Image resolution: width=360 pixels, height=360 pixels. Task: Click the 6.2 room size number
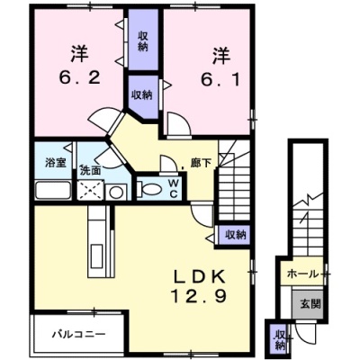(x=79, y=78)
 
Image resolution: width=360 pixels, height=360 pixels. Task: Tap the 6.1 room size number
(x=220, y=79)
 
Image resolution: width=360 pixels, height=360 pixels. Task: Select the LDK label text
(x=200, y=277)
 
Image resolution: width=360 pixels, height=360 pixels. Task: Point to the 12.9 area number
(x=199, y=296)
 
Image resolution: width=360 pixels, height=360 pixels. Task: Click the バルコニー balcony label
(x=79, y=334)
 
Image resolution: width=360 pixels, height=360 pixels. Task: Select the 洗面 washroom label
(x=90, y=170)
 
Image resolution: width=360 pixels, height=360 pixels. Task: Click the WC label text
(x=173, y=188)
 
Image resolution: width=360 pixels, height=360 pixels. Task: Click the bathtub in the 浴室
(x=53, y=190)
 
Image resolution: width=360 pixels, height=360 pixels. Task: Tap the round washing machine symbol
(x=116, y=192)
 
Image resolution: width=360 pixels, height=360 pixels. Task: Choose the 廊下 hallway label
(x=201, y=163)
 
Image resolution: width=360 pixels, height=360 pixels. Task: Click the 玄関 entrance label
(x=310, y=304)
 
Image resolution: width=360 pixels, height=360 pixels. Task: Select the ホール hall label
(x=302, y=274)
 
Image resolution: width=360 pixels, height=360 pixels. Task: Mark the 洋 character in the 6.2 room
(x=79, y=55)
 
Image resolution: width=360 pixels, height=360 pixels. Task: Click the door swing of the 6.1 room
(x=179, y=124)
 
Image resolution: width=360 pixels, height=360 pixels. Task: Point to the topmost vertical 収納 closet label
(x=143, y=41)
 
